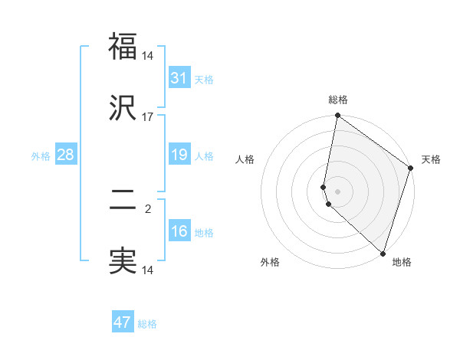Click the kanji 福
click(123, 47)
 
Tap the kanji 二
click(123, 201)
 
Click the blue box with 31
click(179, 78)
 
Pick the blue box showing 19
click(179, 155)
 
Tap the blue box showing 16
click(179, 231)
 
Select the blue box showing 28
click(65, 155)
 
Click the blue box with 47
click(123, 322)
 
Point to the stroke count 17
click(148, 116)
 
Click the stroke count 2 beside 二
click(148, 208)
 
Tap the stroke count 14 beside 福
click(148, 55)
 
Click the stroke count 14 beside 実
click(148, 270)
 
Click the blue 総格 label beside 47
click(147, 324)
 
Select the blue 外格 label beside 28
click(41, 155)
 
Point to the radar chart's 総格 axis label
click(337, 100)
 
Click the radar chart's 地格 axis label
click(402, 262)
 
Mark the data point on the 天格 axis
click(411, 169)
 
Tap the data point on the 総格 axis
click(337, 116)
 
